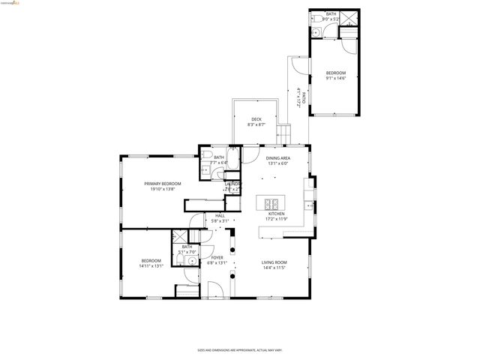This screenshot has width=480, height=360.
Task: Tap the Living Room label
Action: click(x=274, y=262)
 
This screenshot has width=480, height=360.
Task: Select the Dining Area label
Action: click(x=277, y=158)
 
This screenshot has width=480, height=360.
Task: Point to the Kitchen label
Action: click(x=277, y=214)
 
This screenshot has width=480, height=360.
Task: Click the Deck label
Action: click(x=256, y=119)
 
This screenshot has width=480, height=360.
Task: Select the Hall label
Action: click(x=220, y=215)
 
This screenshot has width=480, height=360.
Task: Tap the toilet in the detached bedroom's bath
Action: click(x=316, y=18)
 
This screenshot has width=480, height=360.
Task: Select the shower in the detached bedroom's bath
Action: click(x=349, y=19)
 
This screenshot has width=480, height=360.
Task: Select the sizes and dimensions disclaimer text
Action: click(x=239, y=349)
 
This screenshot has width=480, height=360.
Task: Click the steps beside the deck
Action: click(x=284, y=133)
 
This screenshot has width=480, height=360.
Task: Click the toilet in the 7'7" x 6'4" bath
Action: click(x=205, y=156)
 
